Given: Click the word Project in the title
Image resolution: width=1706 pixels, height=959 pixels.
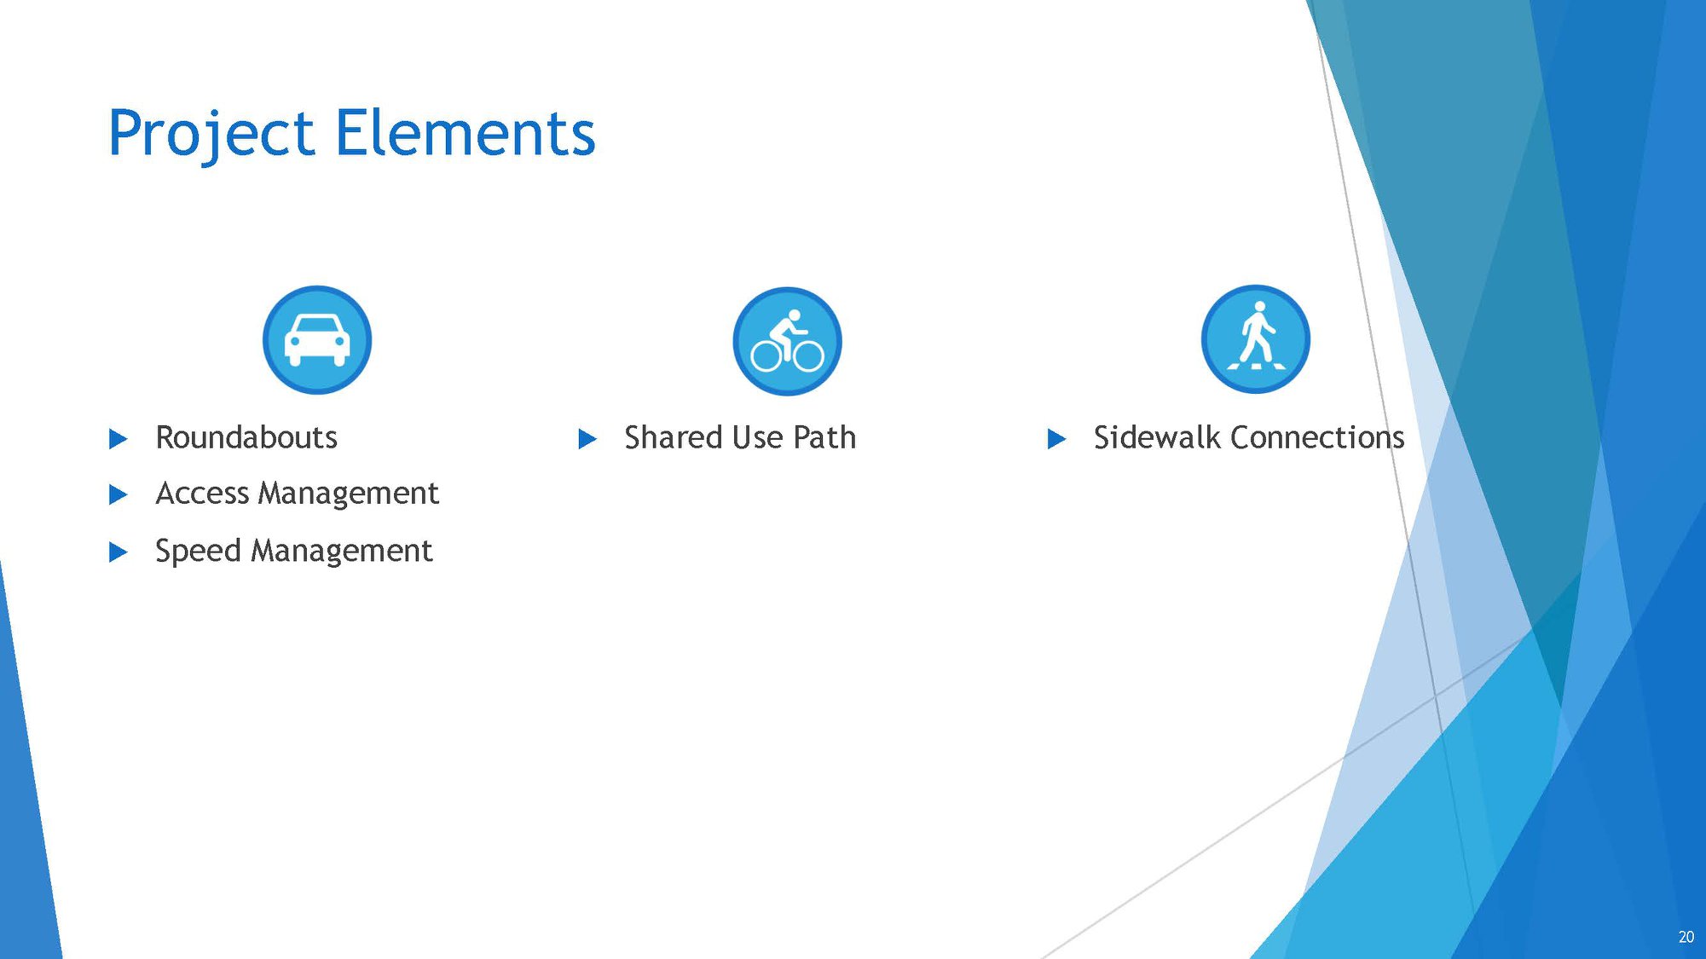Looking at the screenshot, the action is pyautogui.click(x=211, y=135).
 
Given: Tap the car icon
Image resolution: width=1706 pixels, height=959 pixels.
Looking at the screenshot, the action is pyautogui.click(x=317, y=339).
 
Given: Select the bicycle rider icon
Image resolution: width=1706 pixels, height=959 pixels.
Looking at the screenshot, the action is pyautogui.click(x=787, y=341).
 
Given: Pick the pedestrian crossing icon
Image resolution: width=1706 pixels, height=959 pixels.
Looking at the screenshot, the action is pyautogui.click(x=1256, y=339).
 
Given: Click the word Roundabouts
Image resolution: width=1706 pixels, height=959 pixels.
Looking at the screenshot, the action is pyautogui.click(x=246, y=437).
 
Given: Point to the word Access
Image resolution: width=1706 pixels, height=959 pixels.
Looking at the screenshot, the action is pyautogui.click(x=202, y=494).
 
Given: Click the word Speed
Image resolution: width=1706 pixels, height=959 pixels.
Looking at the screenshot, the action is pyautogui.click(x=198, y=552).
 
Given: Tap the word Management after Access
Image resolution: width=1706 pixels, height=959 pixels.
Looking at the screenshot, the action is pyautogui.click(x=349, y=494).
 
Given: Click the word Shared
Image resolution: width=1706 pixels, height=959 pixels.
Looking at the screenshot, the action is pyautogui.click(x=674, y=437).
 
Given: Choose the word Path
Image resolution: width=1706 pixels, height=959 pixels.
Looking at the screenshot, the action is pyautogui.click(x=824, y=437).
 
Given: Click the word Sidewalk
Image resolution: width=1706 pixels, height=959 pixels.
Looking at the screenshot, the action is pyautogui.click(x=1157, y=437).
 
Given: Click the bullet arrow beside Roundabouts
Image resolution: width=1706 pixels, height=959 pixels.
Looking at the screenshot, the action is pyautogui.click(x=119, y=439).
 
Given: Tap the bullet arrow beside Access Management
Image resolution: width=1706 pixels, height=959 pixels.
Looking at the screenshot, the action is pyautogui.click(x=119, y=494).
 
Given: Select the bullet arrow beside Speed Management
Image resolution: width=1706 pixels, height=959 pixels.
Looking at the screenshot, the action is pyautogui.click(x=119, y=552).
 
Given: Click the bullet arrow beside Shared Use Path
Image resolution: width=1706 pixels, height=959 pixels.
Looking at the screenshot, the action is pyautogui.click(x=587, y=439).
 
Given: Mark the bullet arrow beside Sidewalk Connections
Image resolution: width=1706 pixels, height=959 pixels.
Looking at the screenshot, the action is pyautogui.click(x=1056, y=439).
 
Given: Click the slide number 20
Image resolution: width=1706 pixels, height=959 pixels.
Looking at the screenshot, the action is pyautogui.click(x=1686, y=937).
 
